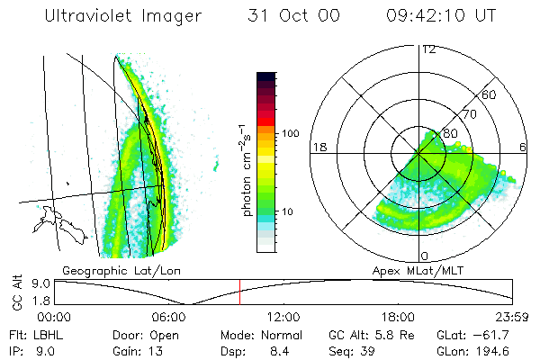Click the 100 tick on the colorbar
(290, 133)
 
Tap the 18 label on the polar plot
(318, 147)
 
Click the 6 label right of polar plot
(524, 147)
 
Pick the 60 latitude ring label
(490, 94)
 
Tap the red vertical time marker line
(240, 292)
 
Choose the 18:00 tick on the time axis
(398, 316)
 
